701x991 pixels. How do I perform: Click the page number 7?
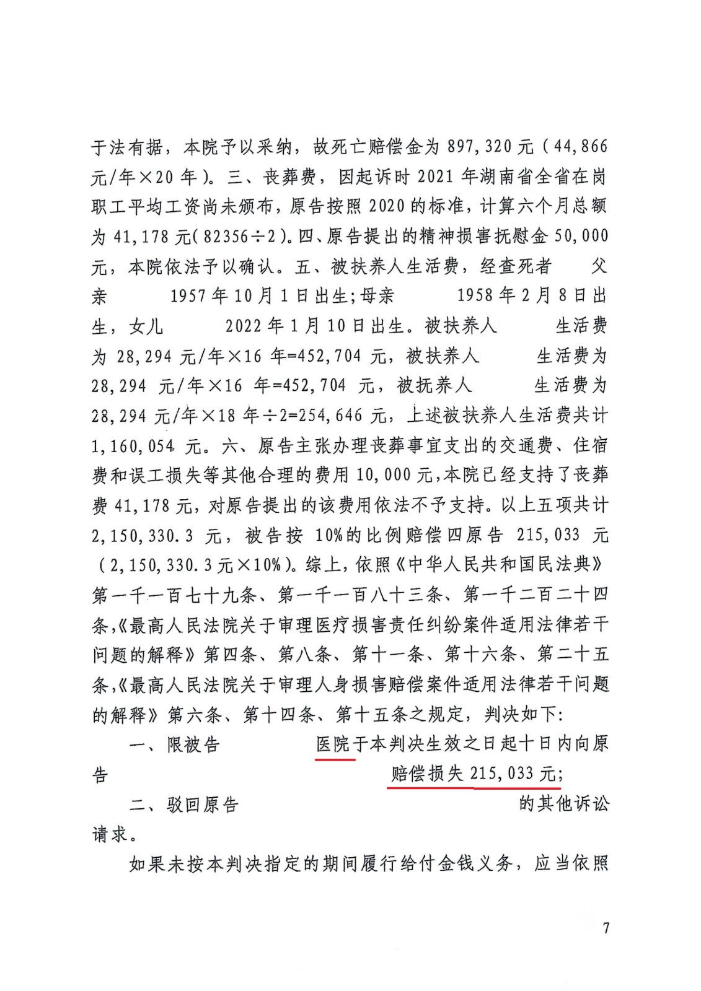click(606, 927)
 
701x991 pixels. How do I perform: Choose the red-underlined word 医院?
click(333, 744)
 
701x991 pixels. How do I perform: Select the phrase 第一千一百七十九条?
click(174, 595)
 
